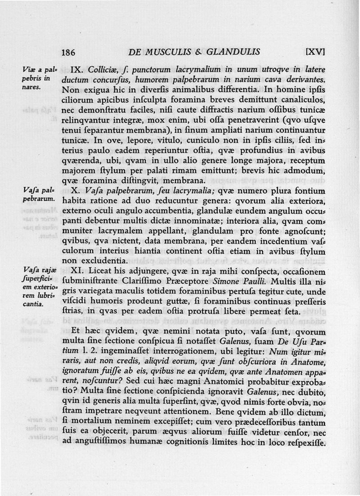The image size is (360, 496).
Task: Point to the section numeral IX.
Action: (x=77, y=70)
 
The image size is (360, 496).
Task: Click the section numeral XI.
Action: (x=80, y=271)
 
